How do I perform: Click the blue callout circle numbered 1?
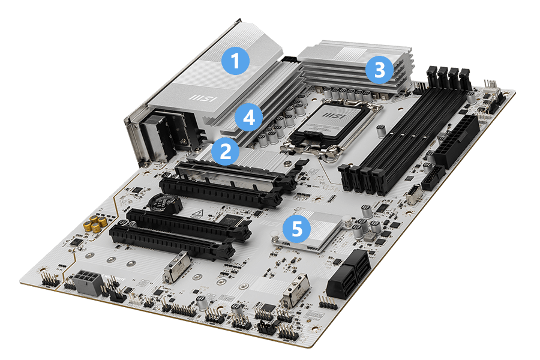coord(235,61)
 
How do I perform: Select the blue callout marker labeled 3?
coord(379,70)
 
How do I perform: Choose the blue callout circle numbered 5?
coord(296,228)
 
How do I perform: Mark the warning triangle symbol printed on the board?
coord(196,213)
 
